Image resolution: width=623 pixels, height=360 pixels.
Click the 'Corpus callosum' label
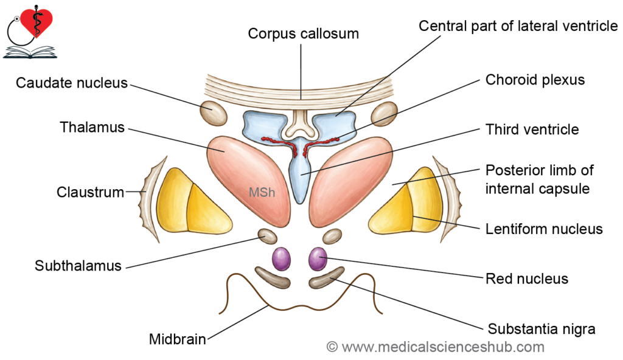coord(303,34)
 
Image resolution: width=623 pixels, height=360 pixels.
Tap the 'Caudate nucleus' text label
coord(72,83)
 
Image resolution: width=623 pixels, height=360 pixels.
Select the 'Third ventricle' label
coord(532,130)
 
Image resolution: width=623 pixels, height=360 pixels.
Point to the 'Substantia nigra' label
coord(541,329)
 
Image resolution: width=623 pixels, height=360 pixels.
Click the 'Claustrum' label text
coord(90,192)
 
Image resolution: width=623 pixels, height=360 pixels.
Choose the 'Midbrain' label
coord(177,339)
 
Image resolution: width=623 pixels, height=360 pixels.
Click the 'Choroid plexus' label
coord(535,80)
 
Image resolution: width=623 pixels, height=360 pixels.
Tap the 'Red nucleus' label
coord(527,279)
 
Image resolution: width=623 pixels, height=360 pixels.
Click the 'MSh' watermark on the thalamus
coord(262,192)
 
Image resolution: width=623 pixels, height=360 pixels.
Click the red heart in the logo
coord(37,22)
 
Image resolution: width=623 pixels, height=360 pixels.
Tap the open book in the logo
coord(30,52)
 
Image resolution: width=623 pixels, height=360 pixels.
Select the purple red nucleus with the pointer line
coord(318,258)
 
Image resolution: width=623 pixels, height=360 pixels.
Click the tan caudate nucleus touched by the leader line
coord(214,113)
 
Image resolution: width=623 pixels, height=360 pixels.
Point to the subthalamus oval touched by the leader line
coord(268,237)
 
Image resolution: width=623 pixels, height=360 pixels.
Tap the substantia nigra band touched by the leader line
coord(327,278)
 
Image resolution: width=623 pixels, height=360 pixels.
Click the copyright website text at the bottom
coord(436,347)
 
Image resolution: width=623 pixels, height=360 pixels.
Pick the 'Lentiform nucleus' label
coord(544,229)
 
